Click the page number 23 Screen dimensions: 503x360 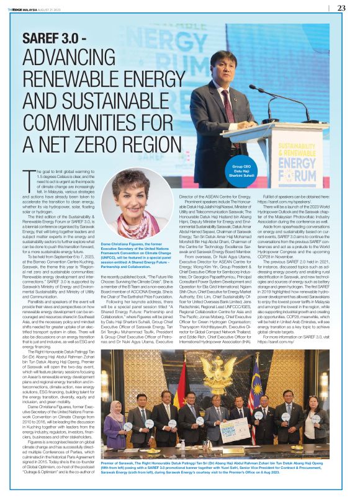tap(342, 8)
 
